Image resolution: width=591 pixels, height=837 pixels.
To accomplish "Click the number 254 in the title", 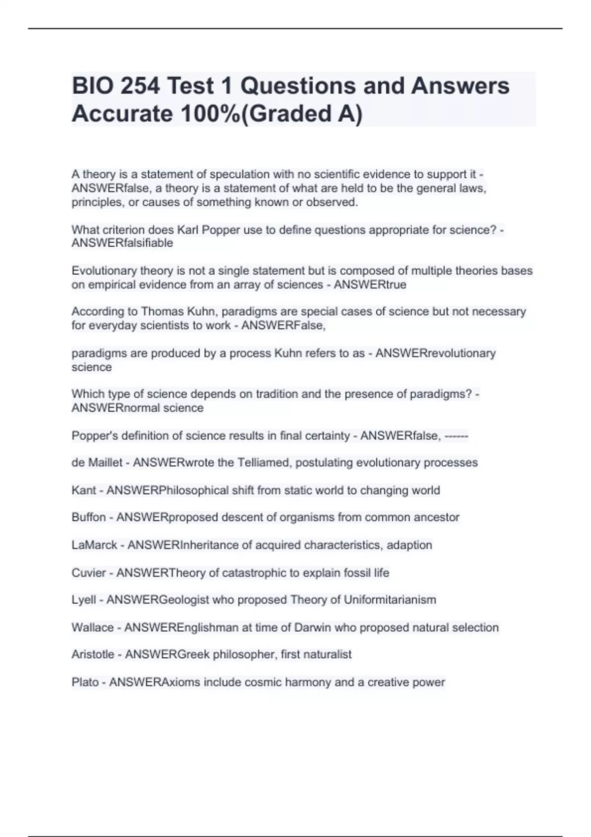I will point(140,86).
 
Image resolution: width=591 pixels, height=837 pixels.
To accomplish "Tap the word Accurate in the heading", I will point(122,114).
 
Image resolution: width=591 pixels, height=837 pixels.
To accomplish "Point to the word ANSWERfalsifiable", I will point(122,243).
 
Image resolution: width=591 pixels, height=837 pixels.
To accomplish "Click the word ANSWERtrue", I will point(370,285).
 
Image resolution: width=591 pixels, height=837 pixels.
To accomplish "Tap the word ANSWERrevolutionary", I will point(435,354).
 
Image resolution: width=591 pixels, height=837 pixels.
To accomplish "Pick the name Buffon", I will point(89,517).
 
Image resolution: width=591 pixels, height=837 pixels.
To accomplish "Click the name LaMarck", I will point(94,545).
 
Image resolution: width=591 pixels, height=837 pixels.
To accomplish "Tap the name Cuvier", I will point(89,573).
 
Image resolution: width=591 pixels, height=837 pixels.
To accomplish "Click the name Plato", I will point(85,682).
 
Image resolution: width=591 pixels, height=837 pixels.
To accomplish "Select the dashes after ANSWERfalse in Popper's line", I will point(456,436).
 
